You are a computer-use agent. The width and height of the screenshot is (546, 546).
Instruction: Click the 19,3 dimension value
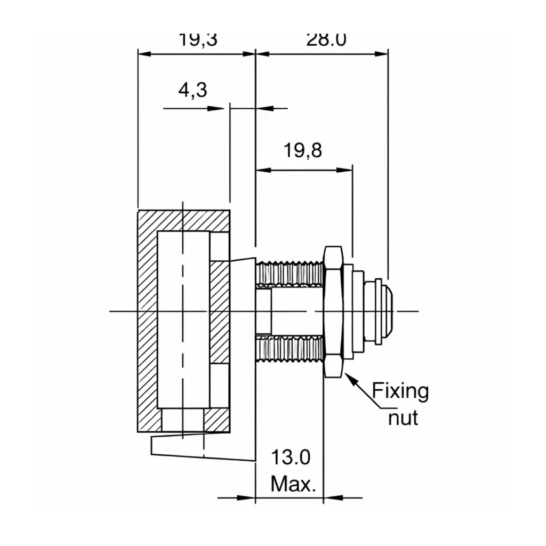pyautogui.click(x=198, y=40)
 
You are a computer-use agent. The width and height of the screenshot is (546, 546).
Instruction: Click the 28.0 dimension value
pyautogui.click(x=326, y=40)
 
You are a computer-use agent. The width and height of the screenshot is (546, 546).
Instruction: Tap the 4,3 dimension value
pyautogui.click(x=192, y=90)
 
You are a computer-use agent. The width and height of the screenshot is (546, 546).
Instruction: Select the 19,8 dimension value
pyautogui.click(x=302, y=151)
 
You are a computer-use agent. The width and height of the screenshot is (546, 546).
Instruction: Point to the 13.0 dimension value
pyautogui.click(x=291, y=457)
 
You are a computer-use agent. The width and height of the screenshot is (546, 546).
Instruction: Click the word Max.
pyautogui.click(x=293, y=484)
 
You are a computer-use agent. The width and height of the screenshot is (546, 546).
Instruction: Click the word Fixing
pyautogui.click(x=400, y=391)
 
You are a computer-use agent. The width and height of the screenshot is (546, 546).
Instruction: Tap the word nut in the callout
pyautogui.click(x=403, y=417)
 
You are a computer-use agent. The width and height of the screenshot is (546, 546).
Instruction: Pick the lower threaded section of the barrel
pyautogui.click(x=290, y=349)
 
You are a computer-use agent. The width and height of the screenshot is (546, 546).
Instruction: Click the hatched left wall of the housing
pyautogui.click(x=148, y=320)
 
